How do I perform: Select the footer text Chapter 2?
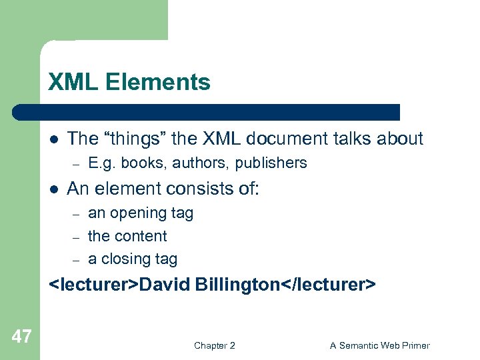pos(214,345)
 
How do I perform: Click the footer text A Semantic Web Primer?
pos(379,345)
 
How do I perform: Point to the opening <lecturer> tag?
pos(93,285)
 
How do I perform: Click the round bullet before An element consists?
pos(53,189)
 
